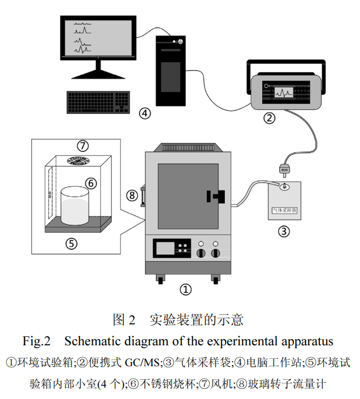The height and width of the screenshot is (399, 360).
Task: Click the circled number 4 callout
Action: (x=146, y=113)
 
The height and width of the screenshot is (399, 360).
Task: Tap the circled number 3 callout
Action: (x=284, y=231)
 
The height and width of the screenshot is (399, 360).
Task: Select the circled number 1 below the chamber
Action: (x=185, y=289)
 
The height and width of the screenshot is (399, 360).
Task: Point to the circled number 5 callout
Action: (x=71, y=243)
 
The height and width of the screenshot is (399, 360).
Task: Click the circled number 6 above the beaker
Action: (x=90, y=183)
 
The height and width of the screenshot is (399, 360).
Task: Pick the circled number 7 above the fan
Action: (x=83, y=146)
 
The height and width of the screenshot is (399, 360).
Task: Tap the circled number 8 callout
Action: (x=132, y=196)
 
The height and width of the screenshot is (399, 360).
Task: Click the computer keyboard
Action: (x=98, y=102)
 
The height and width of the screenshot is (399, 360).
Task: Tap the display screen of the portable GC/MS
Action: (x=284, y=91)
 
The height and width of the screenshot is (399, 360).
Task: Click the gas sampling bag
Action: (x=284, y=201)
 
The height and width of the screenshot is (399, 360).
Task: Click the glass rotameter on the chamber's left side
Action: (x=143, y=196)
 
